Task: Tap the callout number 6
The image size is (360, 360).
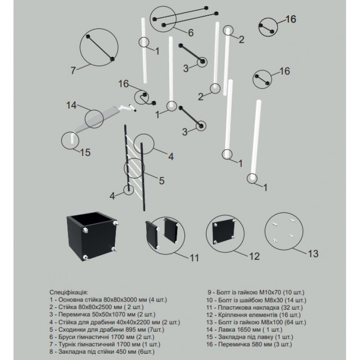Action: click(x=190, y=32)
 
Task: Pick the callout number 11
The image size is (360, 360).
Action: click(x=194, y=257)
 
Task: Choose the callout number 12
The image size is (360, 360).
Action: click(x=254, y=256)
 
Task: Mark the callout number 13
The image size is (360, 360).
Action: click(x=312, y=253)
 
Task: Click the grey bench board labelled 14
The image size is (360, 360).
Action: click(x=101, y=116)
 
